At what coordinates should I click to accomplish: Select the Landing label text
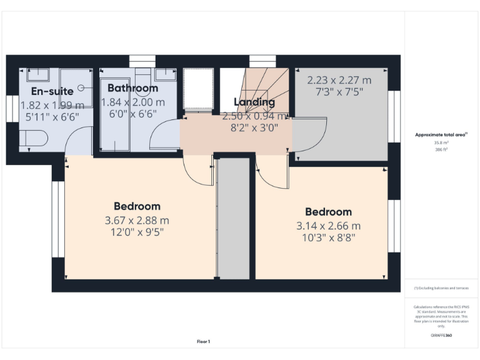(x=254, y=102)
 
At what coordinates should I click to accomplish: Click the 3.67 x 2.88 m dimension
(x=137, y=220)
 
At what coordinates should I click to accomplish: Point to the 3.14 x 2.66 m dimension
(x=328, y=226)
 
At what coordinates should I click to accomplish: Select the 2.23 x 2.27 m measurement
(x=339, y=80)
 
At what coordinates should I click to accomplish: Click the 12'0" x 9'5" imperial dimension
(x=137, y=232)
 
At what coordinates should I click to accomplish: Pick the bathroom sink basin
(x=165, y=74)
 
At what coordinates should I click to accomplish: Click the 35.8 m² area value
(x=441, y=142)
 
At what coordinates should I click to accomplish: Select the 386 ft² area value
(x=441, y=150)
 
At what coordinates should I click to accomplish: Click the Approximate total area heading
(x=441, y=134)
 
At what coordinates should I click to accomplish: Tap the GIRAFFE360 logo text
(x=441, y=336)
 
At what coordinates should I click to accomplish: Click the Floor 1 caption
(x=204, y=341)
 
